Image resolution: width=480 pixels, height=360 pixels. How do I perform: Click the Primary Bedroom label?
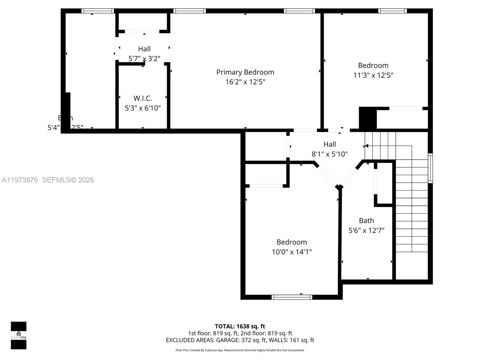coord(245,72)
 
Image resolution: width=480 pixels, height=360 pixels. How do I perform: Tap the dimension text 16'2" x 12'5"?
coord(245,82)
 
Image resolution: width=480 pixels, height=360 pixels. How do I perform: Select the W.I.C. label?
coord(142,98)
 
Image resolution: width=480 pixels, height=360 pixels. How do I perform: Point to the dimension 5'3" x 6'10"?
coord(142,108)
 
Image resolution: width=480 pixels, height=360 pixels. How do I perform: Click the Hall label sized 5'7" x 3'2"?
coord(144,49)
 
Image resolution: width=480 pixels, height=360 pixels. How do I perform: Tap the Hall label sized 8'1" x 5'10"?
coord(329,144)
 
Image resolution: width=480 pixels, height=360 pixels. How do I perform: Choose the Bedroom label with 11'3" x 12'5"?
coord(373,65)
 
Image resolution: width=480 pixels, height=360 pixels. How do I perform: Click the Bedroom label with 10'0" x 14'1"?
coord(292,242)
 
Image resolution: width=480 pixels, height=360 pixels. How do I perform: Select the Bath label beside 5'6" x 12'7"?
coord(366,221)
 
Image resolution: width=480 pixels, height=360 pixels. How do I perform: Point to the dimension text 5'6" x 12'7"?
coord(366,230)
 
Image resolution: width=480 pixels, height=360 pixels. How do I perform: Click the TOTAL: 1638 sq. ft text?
coord(240,326)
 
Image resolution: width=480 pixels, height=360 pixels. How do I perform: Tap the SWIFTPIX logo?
coord(19,335)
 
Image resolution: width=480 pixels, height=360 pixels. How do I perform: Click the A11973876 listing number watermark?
coord(20,180)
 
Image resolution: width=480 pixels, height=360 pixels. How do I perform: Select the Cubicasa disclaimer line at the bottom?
coord(240,350)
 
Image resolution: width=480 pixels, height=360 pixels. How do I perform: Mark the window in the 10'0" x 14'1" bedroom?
coord(292,297)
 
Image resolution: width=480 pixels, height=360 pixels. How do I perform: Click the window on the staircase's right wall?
coord(430,168)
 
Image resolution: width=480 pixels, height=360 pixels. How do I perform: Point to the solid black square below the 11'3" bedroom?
coord(367,118)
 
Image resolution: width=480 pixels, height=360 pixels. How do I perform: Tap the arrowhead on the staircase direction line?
coord(366,146)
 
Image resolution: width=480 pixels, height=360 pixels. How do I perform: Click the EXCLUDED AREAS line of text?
coord(240,340)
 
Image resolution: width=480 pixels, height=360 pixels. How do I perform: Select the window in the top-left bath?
coord(98,11)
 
